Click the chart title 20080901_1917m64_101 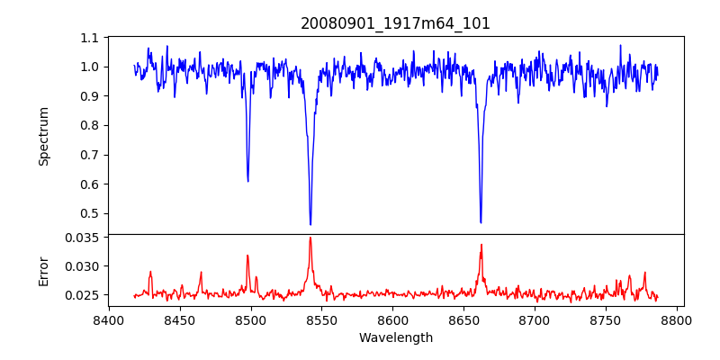click(x=395, y=23)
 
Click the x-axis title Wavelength click(x=395, y=338)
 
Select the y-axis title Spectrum click(x=43, y=136)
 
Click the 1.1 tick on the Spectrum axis click(x=89, y=38)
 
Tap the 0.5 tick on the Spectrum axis click(x=89, y=214)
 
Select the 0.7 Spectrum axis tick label click(x=89, y=155)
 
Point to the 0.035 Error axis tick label click(x=83, y=238)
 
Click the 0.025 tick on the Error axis click(x=83, y=295)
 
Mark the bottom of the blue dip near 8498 click(x=247, y=181)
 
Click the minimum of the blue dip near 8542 click(x=310, y=224)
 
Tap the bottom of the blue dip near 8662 click(x=481, y=222)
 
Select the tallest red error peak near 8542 click(x=310, y=238)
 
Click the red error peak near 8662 click(x=481, y=245)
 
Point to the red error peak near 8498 click(x=247, y=256)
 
